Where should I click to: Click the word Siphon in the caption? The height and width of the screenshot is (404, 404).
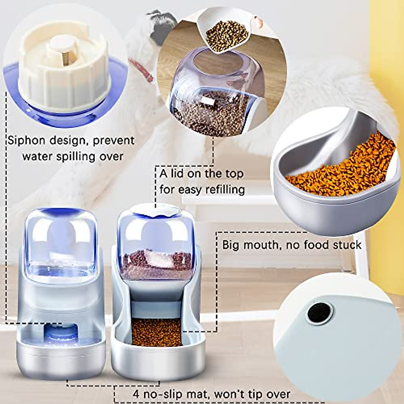coord(26,140)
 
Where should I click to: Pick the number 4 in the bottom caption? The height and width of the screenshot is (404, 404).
coord(136,394)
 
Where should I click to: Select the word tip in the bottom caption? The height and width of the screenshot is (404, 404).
coord(255,394)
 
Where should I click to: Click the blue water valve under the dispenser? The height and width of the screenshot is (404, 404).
coord(60,334)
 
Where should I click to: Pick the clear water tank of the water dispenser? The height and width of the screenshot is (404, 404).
coord(61,246)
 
